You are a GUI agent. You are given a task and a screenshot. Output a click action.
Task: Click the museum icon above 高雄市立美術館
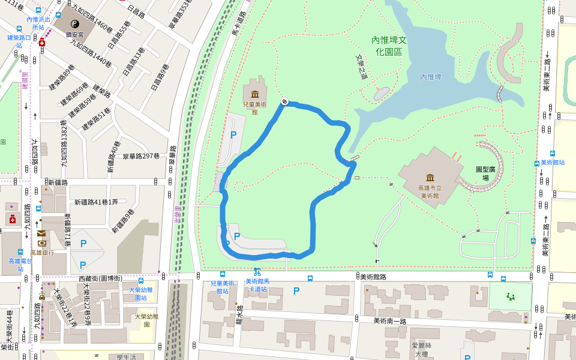coord(430,178)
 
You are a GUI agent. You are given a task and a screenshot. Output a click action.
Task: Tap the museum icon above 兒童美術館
coord(255,94)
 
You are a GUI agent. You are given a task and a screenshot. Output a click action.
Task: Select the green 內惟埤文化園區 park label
coord(389,46)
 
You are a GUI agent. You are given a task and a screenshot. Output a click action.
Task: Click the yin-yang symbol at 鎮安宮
coord(83,23)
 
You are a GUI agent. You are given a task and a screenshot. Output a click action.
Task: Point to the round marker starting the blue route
coord(284,102)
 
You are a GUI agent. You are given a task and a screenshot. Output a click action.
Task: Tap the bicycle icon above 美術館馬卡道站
coord(257,271)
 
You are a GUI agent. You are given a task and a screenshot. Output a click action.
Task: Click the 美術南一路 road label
coord(390,321)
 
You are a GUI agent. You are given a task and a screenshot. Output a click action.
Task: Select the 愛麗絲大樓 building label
coord(421,349)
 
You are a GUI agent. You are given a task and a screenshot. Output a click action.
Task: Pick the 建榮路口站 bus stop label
coord(19,41)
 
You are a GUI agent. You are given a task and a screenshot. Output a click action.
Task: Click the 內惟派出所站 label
coord(38,23)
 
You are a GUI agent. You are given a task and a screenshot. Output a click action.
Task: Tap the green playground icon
coord(511,296)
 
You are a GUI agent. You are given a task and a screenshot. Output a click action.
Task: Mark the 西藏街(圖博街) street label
coord(100,278)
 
